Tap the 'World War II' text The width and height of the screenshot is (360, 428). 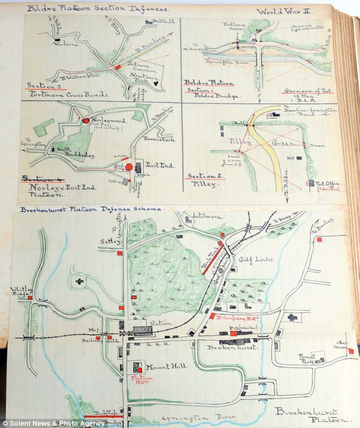(x=283, y=11)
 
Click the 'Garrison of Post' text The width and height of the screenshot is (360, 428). (x=308, y=90)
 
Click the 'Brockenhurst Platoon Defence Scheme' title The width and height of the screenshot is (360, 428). (x=91, y=209)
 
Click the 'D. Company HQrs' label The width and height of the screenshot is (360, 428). (x=242, y=317)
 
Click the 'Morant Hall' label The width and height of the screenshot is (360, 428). (x=160, y=367)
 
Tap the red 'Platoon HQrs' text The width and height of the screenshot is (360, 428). (x=140, y=380)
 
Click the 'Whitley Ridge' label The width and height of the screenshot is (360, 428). (x=20, y=291)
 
